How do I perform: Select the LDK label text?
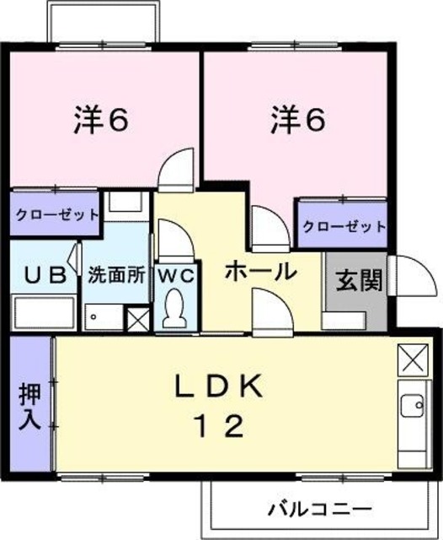point(220,387)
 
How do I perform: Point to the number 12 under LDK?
point(220,424)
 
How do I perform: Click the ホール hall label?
point(260,272)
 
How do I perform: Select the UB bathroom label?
point(42,275)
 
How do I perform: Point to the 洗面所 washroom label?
point(117,275)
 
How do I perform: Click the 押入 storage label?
point(30,408)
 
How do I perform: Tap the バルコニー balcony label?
point(320,510)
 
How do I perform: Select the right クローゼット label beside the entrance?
point(344,226)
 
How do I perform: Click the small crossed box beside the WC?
point(135,319)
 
